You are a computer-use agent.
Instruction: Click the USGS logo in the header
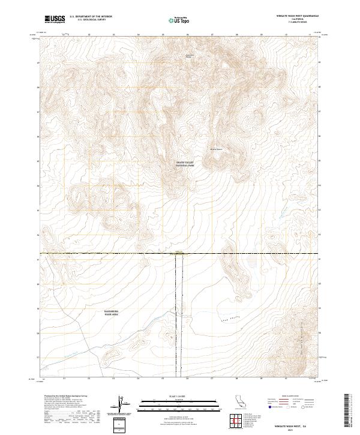pos(55,19)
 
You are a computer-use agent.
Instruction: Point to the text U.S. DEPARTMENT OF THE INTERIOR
pos(91,16)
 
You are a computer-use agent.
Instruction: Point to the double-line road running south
pos(178,312)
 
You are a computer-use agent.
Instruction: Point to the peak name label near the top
pos(189,57)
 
